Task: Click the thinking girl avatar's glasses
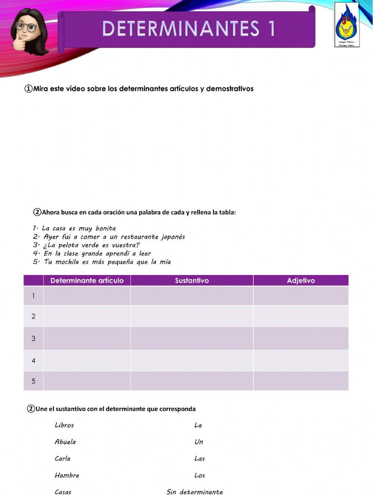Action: (x=27, y=27)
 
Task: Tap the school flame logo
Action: (x=347, y=24)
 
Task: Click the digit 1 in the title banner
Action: (x=270, y=29)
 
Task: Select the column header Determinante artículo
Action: (x=87, y=281)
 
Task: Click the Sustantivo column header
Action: (x=192, y=281)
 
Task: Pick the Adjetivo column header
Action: (x=301, y=281)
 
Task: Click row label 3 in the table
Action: (x=34, y=338)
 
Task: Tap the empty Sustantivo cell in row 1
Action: (x=192, y=296)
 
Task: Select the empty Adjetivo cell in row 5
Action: (x=301, y=381)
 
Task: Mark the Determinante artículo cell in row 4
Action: (x=87, y=360)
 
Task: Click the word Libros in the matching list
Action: (x=64, y=425)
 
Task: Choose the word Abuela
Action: (x=65, y=442)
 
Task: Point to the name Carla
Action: (x=62, y=459)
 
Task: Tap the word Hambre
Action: (x=67, y=476)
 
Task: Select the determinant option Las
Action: (x=200, y=459)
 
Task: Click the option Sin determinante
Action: (x=195, y=492)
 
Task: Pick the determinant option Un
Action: (x=199, y=442)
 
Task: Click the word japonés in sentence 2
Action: (x=173, y=237)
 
